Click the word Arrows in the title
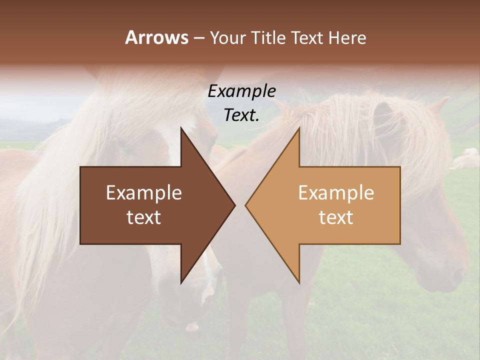[156, 37]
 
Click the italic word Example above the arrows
[241, 91]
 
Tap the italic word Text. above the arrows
[241, 115]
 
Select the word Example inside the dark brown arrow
[144, 193]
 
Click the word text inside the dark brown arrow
[144, 217]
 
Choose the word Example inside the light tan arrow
[336, 193]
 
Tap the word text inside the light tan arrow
[336, 217]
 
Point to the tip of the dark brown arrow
[234, 205]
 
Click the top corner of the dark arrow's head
[181, 128]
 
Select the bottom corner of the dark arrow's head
[181, 282]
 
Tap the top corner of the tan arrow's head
[299, 128]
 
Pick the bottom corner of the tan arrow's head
[299, 282]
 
